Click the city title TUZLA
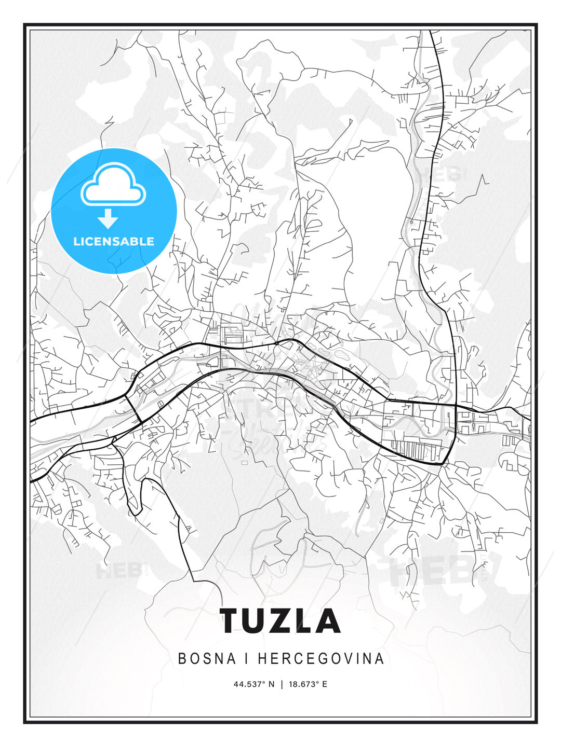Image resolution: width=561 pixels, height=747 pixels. coord(280,621)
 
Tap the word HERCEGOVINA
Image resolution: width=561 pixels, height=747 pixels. coord(321,659)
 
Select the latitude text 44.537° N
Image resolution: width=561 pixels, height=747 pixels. coord(253,684)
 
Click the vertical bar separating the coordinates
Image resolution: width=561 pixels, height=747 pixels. coord(281,684)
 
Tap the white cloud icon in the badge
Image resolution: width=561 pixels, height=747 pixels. coord(113,186)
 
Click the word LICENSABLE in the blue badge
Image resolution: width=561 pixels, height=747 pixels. coord(114,241)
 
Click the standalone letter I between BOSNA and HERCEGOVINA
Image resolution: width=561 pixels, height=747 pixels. coord(247,659)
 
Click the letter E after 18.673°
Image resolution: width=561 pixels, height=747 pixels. coord(325,684)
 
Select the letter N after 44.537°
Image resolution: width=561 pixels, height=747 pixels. coord(271,684)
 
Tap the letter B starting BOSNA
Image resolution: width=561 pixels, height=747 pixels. coord(182,659)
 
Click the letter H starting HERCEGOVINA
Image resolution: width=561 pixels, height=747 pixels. coord(262,659)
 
